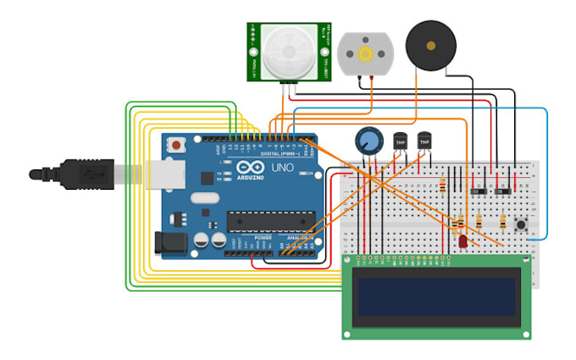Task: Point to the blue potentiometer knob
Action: point(368,141)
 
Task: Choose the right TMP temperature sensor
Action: point(426,142)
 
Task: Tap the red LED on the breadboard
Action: point(462,243)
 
